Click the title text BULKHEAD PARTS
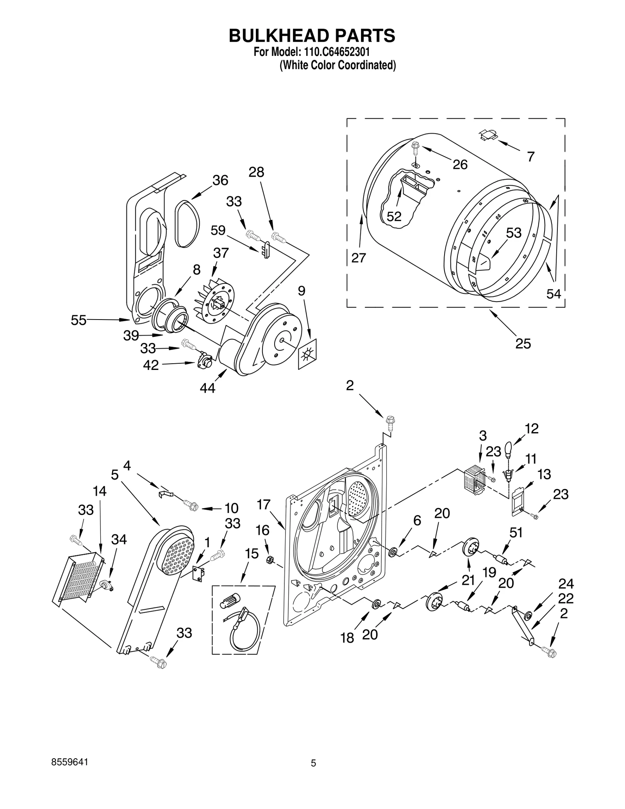[x=312, y=36]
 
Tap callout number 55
[x=79, y=320]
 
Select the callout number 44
[x=207, y=388]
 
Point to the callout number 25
[x=523, y=343]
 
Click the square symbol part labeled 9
[x=307, y=354]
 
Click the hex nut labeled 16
[x=269, y=560]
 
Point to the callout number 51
[x=516, y=532]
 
